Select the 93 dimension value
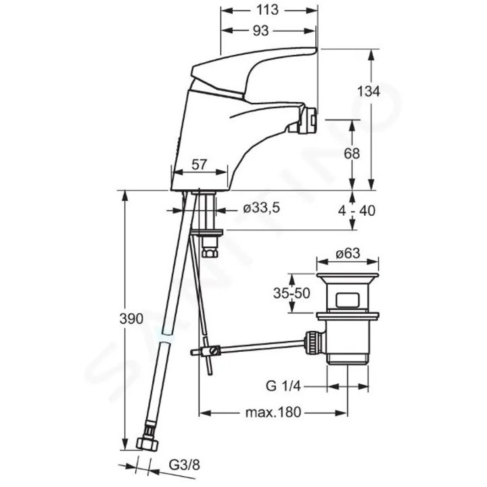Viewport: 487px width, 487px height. tap(268, 30)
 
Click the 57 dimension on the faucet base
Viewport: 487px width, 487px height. tap(200, 162)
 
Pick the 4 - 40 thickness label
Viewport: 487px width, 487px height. tap(356, 210)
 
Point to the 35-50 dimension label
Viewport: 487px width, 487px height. tap(292, 294)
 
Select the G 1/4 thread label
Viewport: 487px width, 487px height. tap(283, 388)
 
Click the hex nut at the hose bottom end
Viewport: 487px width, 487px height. tap(147, 444)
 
